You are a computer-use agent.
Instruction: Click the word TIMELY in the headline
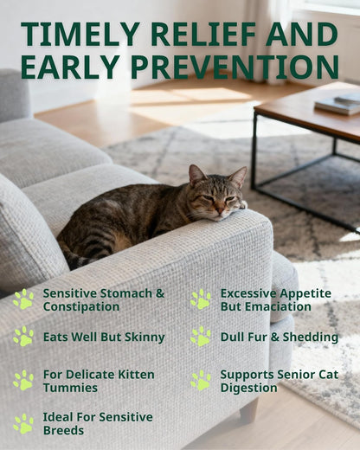[x=73, y=35]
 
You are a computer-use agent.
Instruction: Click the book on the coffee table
[x=337, y=103]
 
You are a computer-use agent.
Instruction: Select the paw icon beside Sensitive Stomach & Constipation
[x=23, y=299]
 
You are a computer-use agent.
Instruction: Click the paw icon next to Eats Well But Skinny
[x=23, y=336]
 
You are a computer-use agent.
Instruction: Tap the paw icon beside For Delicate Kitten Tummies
[x=23, y=380]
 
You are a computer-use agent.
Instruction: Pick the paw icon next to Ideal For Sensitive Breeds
[x=23, y=423]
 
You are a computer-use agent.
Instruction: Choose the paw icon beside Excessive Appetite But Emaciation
[x=201, y=299]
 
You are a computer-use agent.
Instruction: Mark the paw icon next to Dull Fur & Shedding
[x=201, y=336]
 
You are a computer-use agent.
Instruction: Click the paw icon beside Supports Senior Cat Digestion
[x=201, y=380]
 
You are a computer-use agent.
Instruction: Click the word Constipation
[x=81, y=306]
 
